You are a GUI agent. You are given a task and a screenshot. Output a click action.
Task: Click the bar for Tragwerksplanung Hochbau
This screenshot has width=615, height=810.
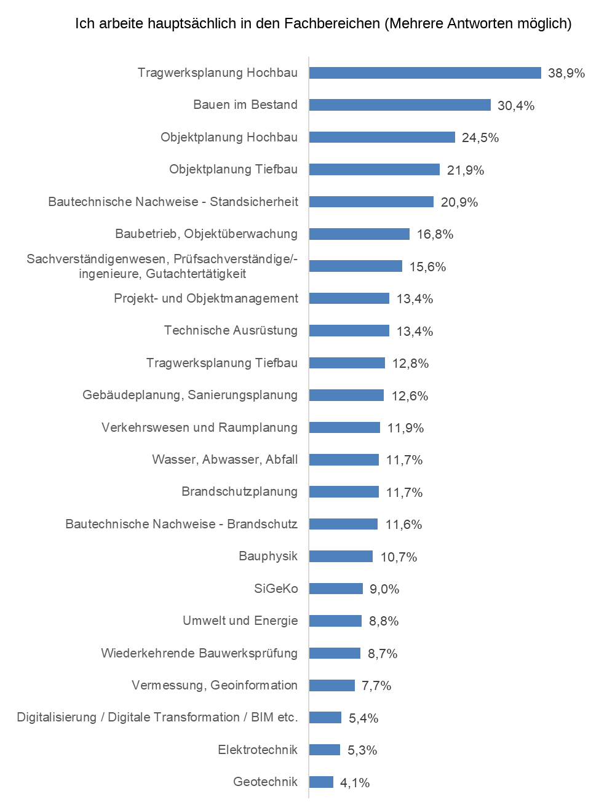[425, 73]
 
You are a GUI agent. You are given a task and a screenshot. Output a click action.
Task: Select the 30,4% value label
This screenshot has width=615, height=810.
[516, 106]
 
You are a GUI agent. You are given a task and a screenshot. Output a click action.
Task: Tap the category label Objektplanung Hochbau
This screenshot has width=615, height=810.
[229, 137]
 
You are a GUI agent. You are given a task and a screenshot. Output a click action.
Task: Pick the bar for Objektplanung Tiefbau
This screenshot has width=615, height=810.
[375, 170]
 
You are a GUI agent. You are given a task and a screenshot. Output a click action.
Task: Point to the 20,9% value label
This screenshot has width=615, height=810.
[459, 202]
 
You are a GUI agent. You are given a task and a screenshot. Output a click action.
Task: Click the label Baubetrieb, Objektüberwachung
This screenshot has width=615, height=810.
[206, 234]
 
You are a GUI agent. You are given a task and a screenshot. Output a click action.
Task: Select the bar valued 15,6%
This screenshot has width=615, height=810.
[355, 266]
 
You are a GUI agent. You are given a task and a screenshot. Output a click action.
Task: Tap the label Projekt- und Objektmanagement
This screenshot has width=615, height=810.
[206, 298]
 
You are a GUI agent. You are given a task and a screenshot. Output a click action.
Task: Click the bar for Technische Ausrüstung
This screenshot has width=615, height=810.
[349, 331]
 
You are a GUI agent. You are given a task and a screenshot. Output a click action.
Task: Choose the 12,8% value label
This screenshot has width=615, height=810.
[411, 363]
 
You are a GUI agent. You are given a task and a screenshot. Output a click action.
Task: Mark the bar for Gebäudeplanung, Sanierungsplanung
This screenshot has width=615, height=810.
[346, 395]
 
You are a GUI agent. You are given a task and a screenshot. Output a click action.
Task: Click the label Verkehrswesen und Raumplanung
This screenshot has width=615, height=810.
[199, 427]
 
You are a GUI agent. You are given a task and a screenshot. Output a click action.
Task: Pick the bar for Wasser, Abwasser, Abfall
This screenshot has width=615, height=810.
[344, 460]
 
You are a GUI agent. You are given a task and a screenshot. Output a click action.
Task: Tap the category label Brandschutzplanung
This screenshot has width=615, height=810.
[239, 491]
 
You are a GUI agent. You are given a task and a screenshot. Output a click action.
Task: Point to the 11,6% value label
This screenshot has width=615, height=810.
[404, 525]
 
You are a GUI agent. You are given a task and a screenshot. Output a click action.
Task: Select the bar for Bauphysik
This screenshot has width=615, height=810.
[341, 557]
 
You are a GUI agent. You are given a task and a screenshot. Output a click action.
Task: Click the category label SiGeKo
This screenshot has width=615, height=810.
[276, 589]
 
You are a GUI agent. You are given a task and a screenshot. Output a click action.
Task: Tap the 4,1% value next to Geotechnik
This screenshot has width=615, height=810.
[355, 783]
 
